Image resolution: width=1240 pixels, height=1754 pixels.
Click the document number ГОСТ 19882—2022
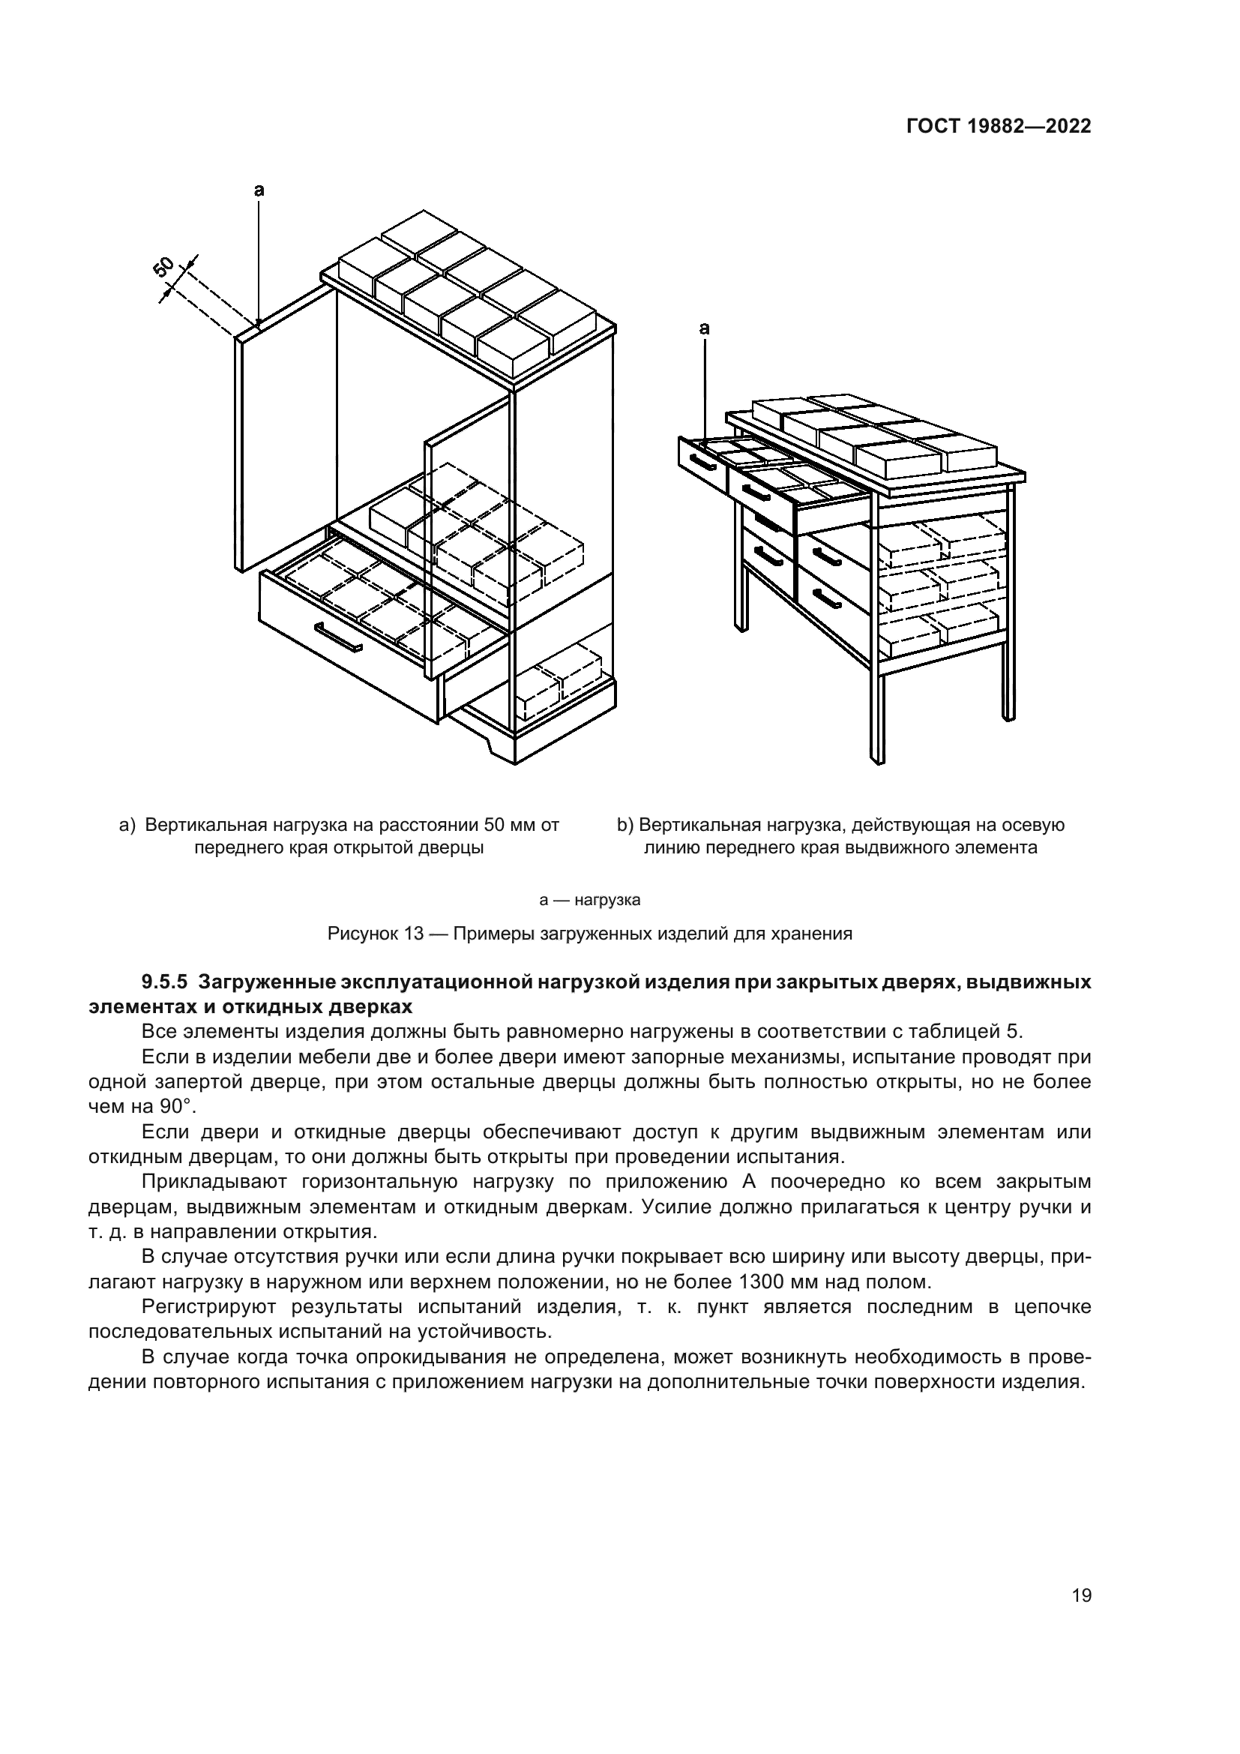point(998,127)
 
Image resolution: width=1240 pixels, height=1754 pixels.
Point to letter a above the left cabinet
point(259,189)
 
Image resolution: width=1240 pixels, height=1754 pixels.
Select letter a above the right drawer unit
point(704,328)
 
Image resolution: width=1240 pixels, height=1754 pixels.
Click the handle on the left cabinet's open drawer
point(338,637)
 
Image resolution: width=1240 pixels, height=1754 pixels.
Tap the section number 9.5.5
point(164,982)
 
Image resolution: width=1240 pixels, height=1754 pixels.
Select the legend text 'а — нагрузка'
point(589,900)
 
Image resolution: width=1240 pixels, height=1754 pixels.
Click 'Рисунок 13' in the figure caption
point(375,934)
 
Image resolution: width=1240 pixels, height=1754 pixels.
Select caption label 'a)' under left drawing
point(127,825)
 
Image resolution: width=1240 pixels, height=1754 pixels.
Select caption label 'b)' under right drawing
point(625,825)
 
